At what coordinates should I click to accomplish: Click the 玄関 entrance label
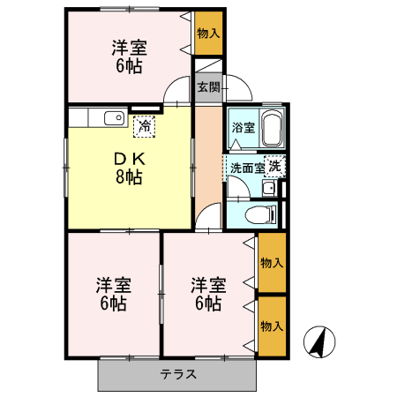click(x=208, y=87)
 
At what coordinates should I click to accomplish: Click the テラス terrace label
click(x=178, y=374)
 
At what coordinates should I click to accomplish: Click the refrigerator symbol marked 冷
click(x=144, y=128)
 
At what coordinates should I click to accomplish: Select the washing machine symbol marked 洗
click(x=275, y=166)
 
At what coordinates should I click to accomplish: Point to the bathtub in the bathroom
click(x=271, y=130)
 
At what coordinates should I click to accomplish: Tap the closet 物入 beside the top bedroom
click(x=208, y=34)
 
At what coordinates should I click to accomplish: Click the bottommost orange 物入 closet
click(x=272, y=326)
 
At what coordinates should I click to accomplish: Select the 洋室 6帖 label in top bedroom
click(x=128, y=56)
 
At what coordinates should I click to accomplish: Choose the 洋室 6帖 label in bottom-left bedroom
click(x=114, y=294)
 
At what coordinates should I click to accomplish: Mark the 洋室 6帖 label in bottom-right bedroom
click(x=208, y=294)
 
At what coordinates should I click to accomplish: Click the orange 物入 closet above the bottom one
click(x=272, y=263)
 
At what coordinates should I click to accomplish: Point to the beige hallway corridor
click(x=209, y=159)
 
